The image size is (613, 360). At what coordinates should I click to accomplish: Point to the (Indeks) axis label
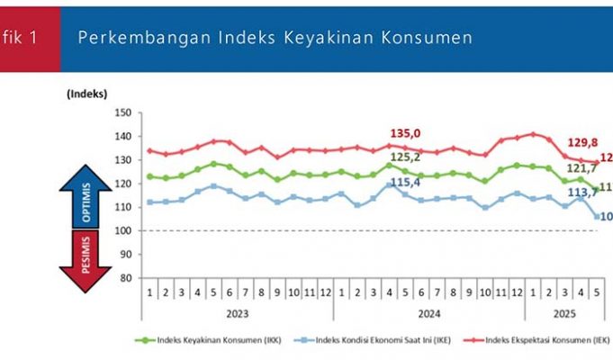86,94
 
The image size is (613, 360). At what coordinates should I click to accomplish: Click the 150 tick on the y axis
123,113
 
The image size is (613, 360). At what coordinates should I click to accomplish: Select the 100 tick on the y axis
123,230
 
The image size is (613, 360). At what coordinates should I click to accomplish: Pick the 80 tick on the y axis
126,278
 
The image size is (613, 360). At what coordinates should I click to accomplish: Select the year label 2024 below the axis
422,314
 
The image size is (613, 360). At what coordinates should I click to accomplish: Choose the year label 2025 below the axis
561,314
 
